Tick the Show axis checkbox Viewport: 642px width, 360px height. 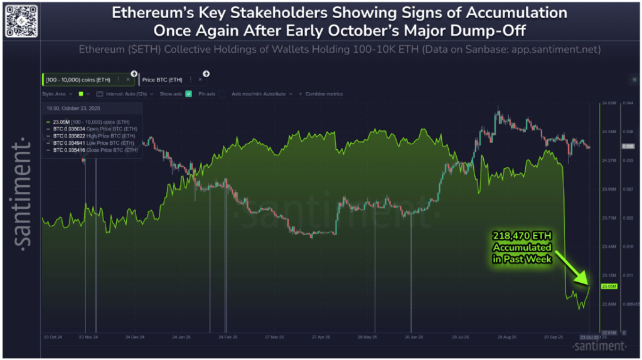pos(188,93)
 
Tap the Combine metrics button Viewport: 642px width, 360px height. pos(323,93)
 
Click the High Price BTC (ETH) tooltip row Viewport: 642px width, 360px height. pos(94,135)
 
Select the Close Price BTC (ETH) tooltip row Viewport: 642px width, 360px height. pos(94,151)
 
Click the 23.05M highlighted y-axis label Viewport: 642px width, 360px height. pos(609,286)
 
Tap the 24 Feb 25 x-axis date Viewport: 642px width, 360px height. pos(227,337)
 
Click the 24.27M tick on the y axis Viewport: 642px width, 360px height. pos(608,161)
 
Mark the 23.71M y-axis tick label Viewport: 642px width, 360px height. pos(608,218)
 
